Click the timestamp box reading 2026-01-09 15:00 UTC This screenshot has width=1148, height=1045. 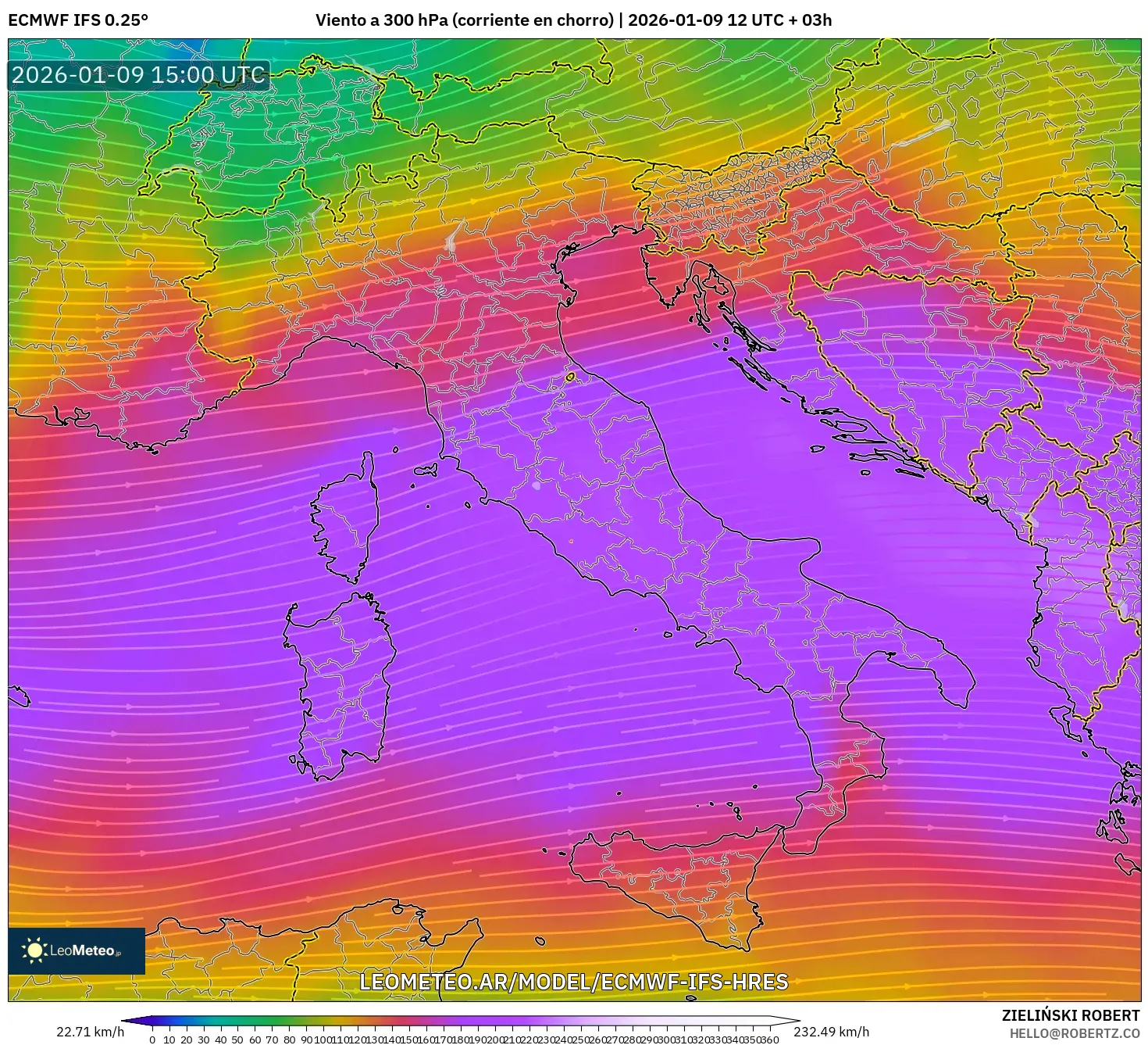tap(138, 75)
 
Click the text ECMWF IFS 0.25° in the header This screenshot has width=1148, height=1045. tap(78, 20)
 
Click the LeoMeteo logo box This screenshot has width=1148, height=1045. tap(77, 950)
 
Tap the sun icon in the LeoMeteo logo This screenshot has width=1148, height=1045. tap(34, 950)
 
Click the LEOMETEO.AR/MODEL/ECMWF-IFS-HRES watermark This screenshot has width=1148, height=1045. tap(573, 982)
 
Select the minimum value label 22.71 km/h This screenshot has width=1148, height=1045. tap(90, 1032)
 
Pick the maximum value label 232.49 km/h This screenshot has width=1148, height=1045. tap(831, 1032)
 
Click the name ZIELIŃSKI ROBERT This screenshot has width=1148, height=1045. tap(1070, 1015)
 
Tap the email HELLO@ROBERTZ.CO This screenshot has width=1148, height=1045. tap(1074, 1033)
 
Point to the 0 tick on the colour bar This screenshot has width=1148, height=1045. tap(152, 1040)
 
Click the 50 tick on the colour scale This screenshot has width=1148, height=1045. tap(237, 1040)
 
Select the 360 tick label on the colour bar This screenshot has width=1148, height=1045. tap(770, 1040)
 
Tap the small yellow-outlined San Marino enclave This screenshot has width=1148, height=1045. tap(570, 378)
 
